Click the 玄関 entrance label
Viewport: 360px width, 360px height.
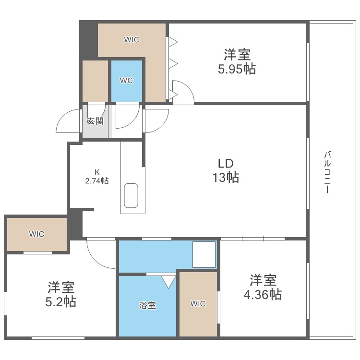(95, 121)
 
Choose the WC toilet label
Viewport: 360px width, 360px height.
(126, 81)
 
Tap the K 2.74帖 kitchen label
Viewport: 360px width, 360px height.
(96, 177)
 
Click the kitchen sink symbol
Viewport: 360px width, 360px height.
(131, 196)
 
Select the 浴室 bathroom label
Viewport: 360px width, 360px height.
(147, 305)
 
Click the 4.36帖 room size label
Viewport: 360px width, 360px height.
(262, 294)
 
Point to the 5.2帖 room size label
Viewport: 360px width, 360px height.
(60, 302)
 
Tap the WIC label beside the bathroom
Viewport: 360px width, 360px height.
(198, 303)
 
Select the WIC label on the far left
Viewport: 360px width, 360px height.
(36, 234)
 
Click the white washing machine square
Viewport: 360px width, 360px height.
(204, 254)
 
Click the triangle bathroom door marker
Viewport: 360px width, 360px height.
(168, 280)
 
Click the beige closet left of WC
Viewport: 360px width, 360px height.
(95, 81)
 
